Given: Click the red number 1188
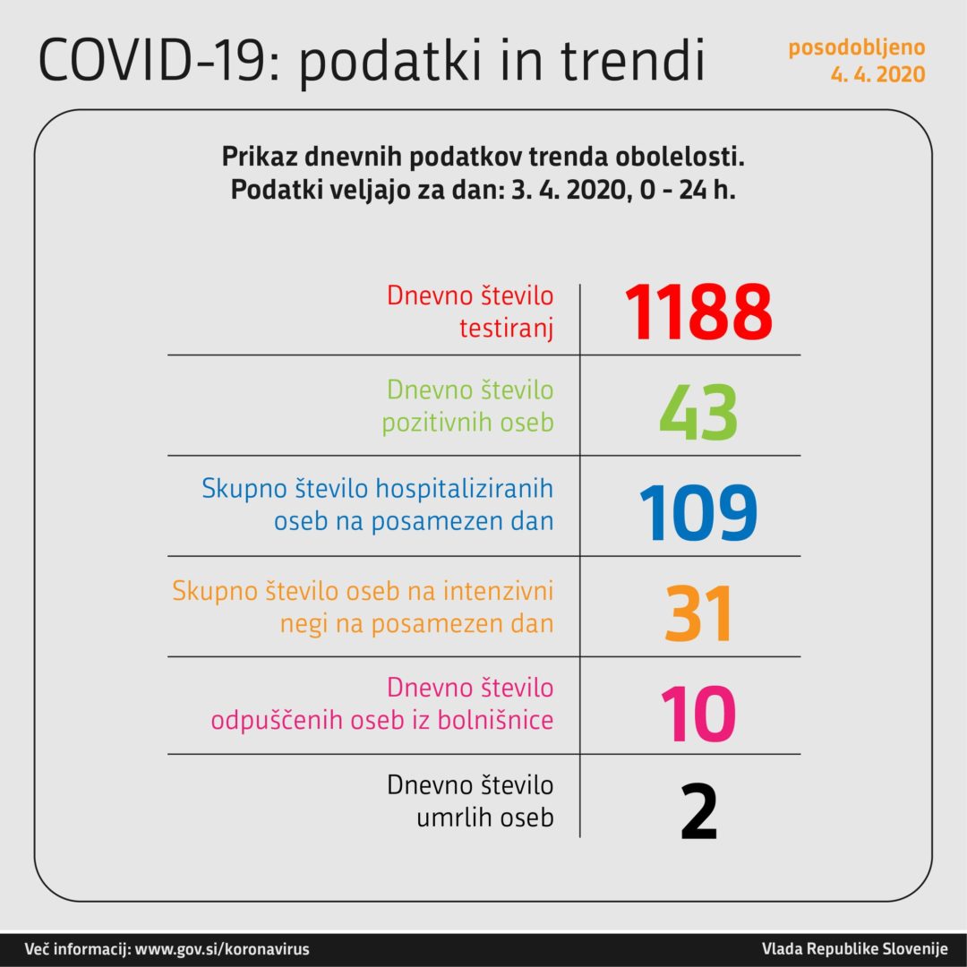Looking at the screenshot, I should (x=698, y=312).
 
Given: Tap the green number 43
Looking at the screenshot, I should (x=698, y=414).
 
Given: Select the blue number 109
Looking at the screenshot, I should (x=698, y=514).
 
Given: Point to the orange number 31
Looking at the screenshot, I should (x=698, y=614).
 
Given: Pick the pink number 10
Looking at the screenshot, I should (x=698, y=714).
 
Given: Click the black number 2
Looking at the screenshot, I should (x=698, y=811).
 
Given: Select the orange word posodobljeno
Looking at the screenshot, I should (x=857, y=47).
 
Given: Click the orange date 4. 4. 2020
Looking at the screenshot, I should (x=877, y=75).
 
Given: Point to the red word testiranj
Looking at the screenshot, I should (x=506, y=329).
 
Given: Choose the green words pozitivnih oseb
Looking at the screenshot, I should (x=467, y=423).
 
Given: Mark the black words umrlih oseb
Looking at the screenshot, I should (x=484, y=817).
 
